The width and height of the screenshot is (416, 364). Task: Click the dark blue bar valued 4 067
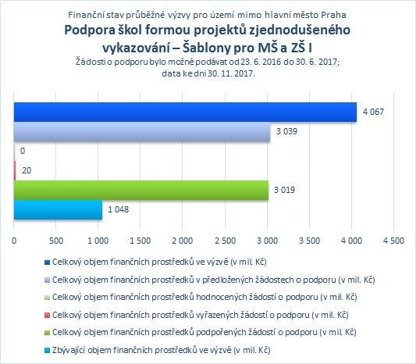pos(185,112)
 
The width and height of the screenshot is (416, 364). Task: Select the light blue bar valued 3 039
pos(142,132)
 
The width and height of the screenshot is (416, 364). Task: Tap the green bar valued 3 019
pos(141,190)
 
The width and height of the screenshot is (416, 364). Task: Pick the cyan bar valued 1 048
pos(58,210)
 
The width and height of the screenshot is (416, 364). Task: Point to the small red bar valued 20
pos(15,170)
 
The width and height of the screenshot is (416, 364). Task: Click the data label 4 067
pos(373,112)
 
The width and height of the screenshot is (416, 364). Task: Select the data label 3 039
pos(286,131)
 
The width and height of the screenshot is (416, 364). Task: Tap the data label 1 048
pos(118,209)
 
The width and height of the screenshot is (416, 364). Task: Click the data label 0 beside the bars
pos(23,151)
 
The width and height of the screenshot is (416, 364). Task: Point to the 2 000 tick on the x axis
pos(183,241)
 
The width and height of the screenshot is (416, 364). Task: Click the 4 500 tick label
pos(393,241)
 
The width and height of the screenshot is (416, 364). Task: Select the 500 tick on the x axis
pos(56,241)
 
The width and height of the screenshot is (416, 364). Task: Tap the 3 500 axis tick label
pos(309,241)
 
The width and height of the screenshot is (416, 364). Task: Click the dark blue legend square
pos(47,262)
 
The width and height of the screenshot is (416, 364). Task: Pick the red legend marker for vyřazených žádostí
pos(47,315)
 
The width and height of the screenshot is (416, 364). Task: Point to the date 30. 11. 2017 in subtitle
pos(231,73)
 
